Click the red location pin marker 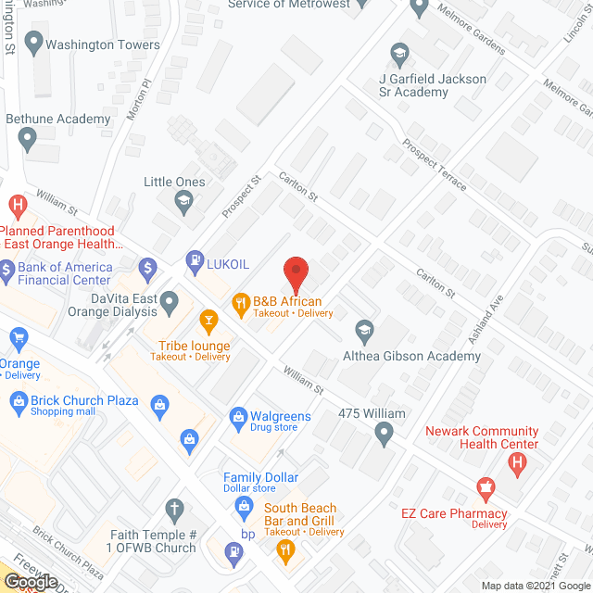pos(295,274)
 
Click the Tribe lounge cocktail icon pos(209,322)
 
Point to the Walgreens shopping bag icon pos(238,416)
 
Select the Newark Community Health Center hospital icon pos(518,460)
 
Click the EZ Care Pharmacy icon pos(484,486)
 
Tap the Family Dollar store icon pos(244,505)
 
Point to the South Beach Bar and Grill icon pos(284,549)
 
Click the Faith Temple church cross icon pos(173,508)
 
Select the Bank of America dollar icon pos(146,269)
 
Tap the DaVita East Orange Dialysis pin pos(170,301)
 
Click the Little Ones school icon pos(183,198)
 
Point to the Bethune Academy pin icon pos(27,140)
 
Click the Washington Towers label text pos(103,44)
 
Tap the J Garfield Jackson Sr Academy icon pos(400,53)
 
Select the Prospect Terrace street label pos(435,166)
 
